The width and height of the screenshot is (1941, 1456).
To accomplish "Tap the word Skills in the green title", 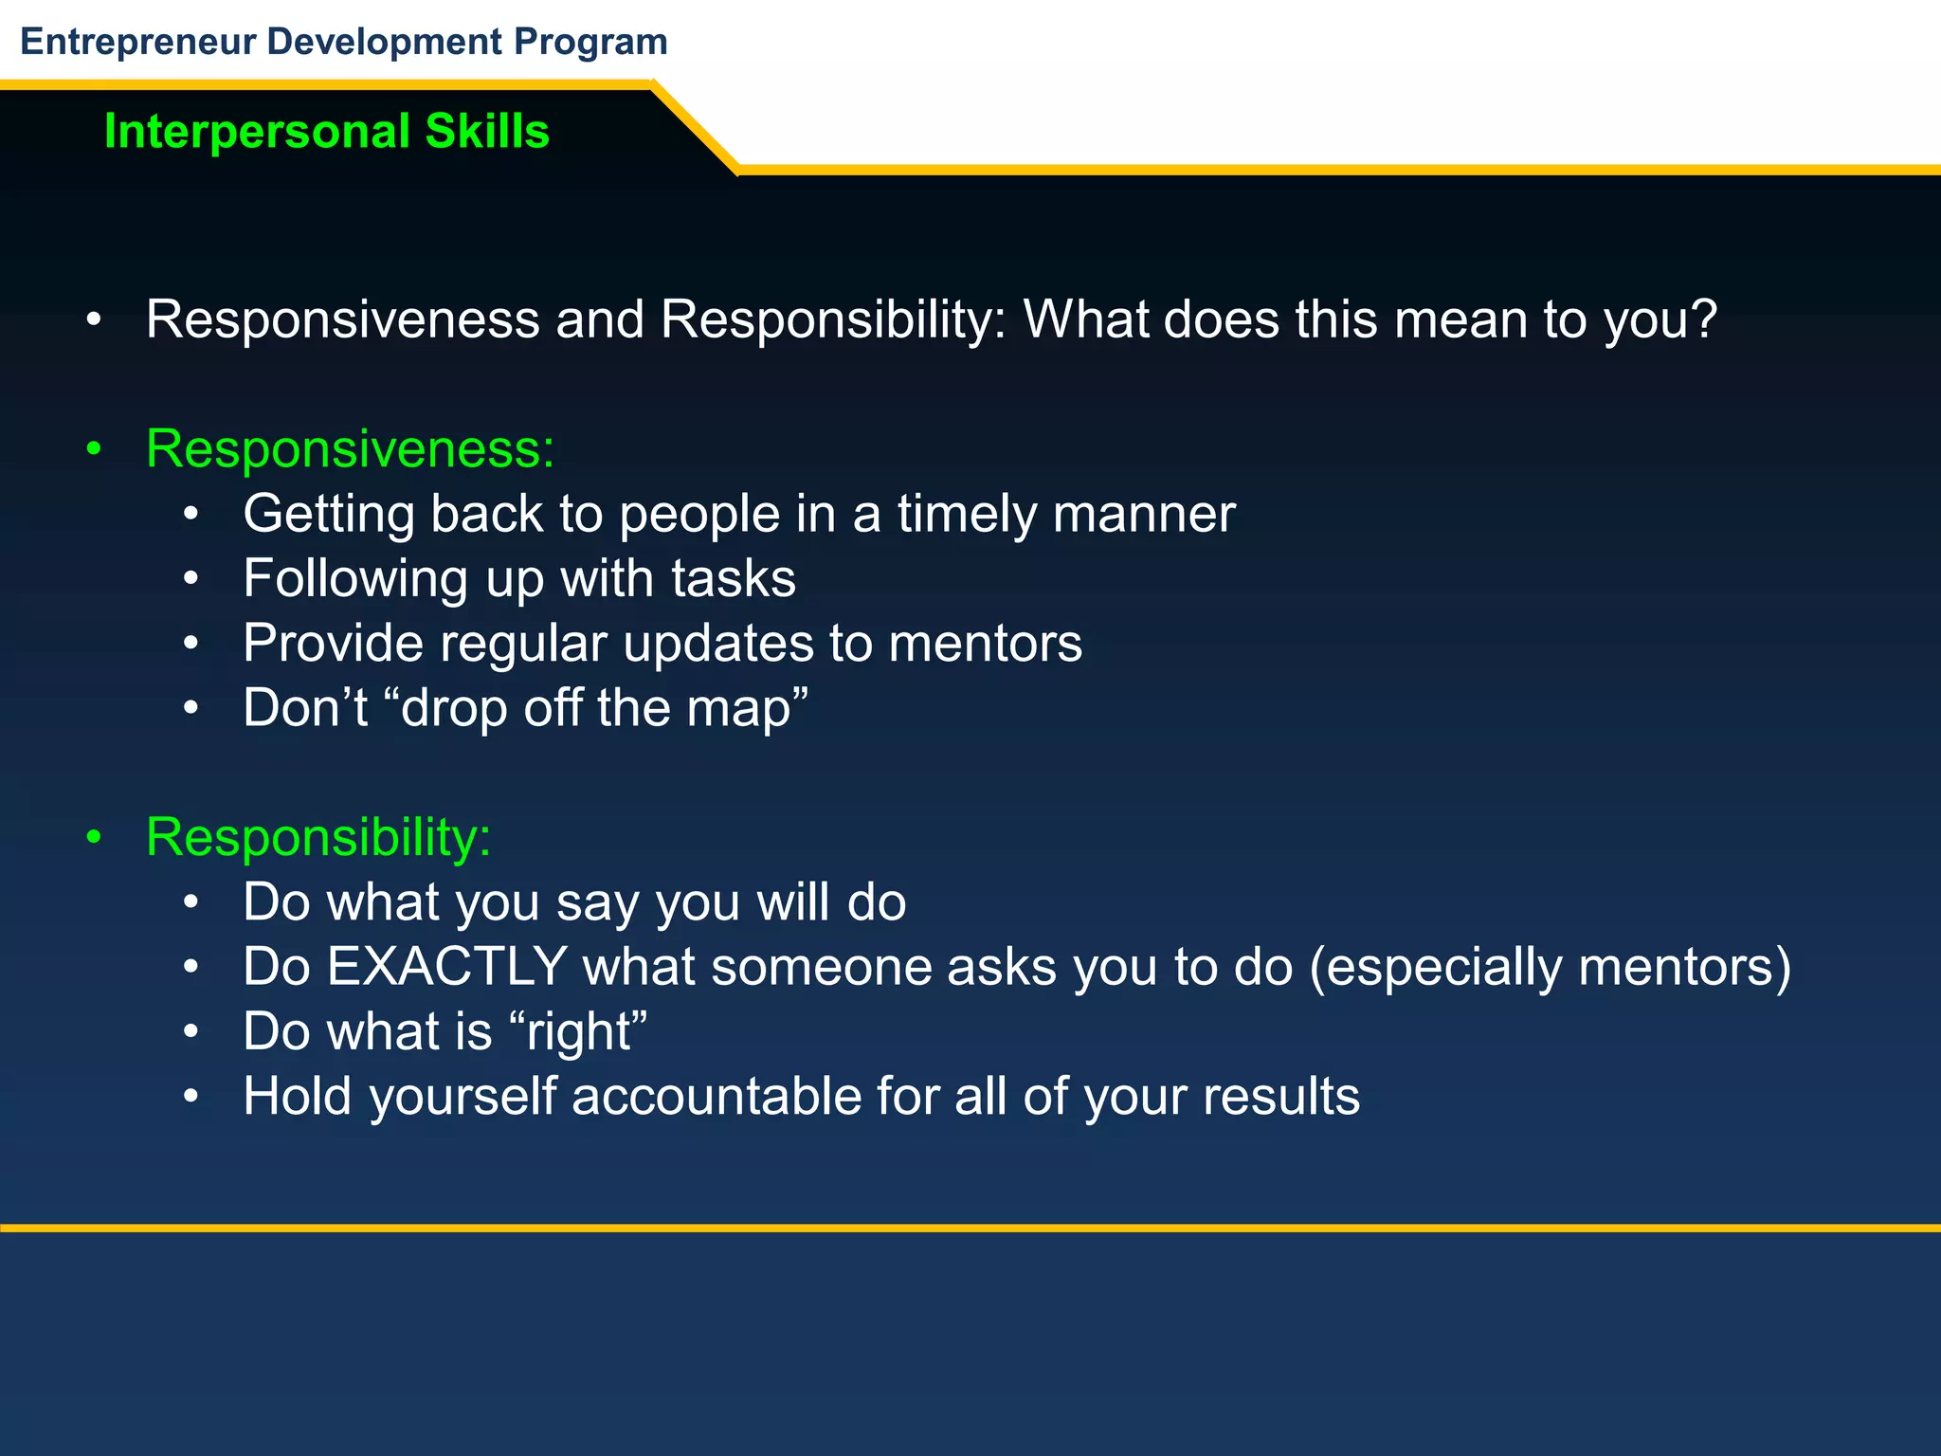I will click(487, 131).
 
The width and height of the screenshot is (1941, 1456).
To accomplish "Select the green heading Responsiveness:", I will click(350, 448).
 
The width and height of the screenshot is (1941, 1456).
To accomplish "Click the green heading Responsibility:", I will click(318, 837).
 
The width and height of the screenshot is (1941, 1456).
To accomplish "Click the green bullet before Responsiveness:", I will click(93, 449).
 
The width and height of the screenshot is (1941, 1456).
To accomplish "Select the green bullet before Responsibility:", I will click(93, 838).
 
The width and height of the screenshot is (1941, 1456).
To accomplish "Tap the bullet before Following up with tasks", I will click(190, 579).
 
